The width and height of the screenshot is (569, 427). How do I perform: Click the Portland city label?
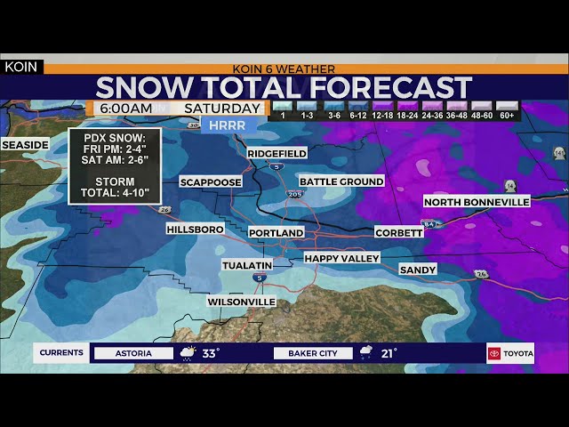coord(276,232)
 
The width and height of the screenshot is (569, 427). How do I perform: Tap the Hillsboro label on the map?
coord(195,230)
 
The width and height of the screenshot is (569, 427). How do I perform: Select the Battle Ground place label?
coord(341,181)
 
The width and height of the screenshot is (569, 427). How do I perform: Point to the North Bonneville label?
coord(477,202)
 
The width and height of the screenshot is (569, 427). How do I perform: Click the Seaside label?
coord(25,145)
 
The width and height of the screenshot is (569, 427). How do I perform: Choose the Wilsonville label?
coord(241,302)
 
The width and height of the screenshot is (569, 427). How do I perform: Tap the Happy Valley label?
coord(341,258)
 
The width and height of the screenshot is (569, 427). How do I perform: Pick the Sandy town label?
coord(418,270)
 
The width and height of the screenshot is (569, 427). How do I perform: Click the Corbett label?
coord(399,232)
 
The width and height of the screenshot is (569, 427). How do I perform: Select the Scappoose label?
coord(211,182)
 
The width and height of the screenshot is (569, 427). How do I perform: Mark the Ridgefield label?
coord(276,154)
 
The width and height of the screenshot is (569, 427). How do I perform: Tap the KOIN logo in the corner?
coord(21,67)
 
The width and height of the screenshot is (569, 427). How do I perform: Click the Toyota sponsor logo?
coord(510,353)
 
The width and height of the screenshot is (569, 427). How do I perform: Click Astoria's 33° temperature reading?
coord(211,353)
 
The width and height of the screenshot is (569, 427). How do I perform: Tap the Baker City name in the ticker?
coord(313,353)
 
